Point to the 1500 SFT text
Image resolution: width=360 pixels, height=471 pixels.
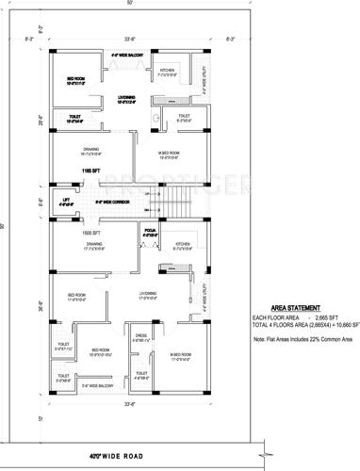click(x=90, y=232)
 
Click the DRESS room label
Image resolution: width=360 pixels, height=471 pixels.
click(x=140, y=334)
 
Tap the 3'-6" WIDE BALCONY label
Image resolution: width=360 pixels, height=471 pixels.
click(x=96, y=385)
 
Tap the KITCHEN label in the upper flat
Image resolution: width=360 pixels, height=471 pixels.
click(x=167, y=71)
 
